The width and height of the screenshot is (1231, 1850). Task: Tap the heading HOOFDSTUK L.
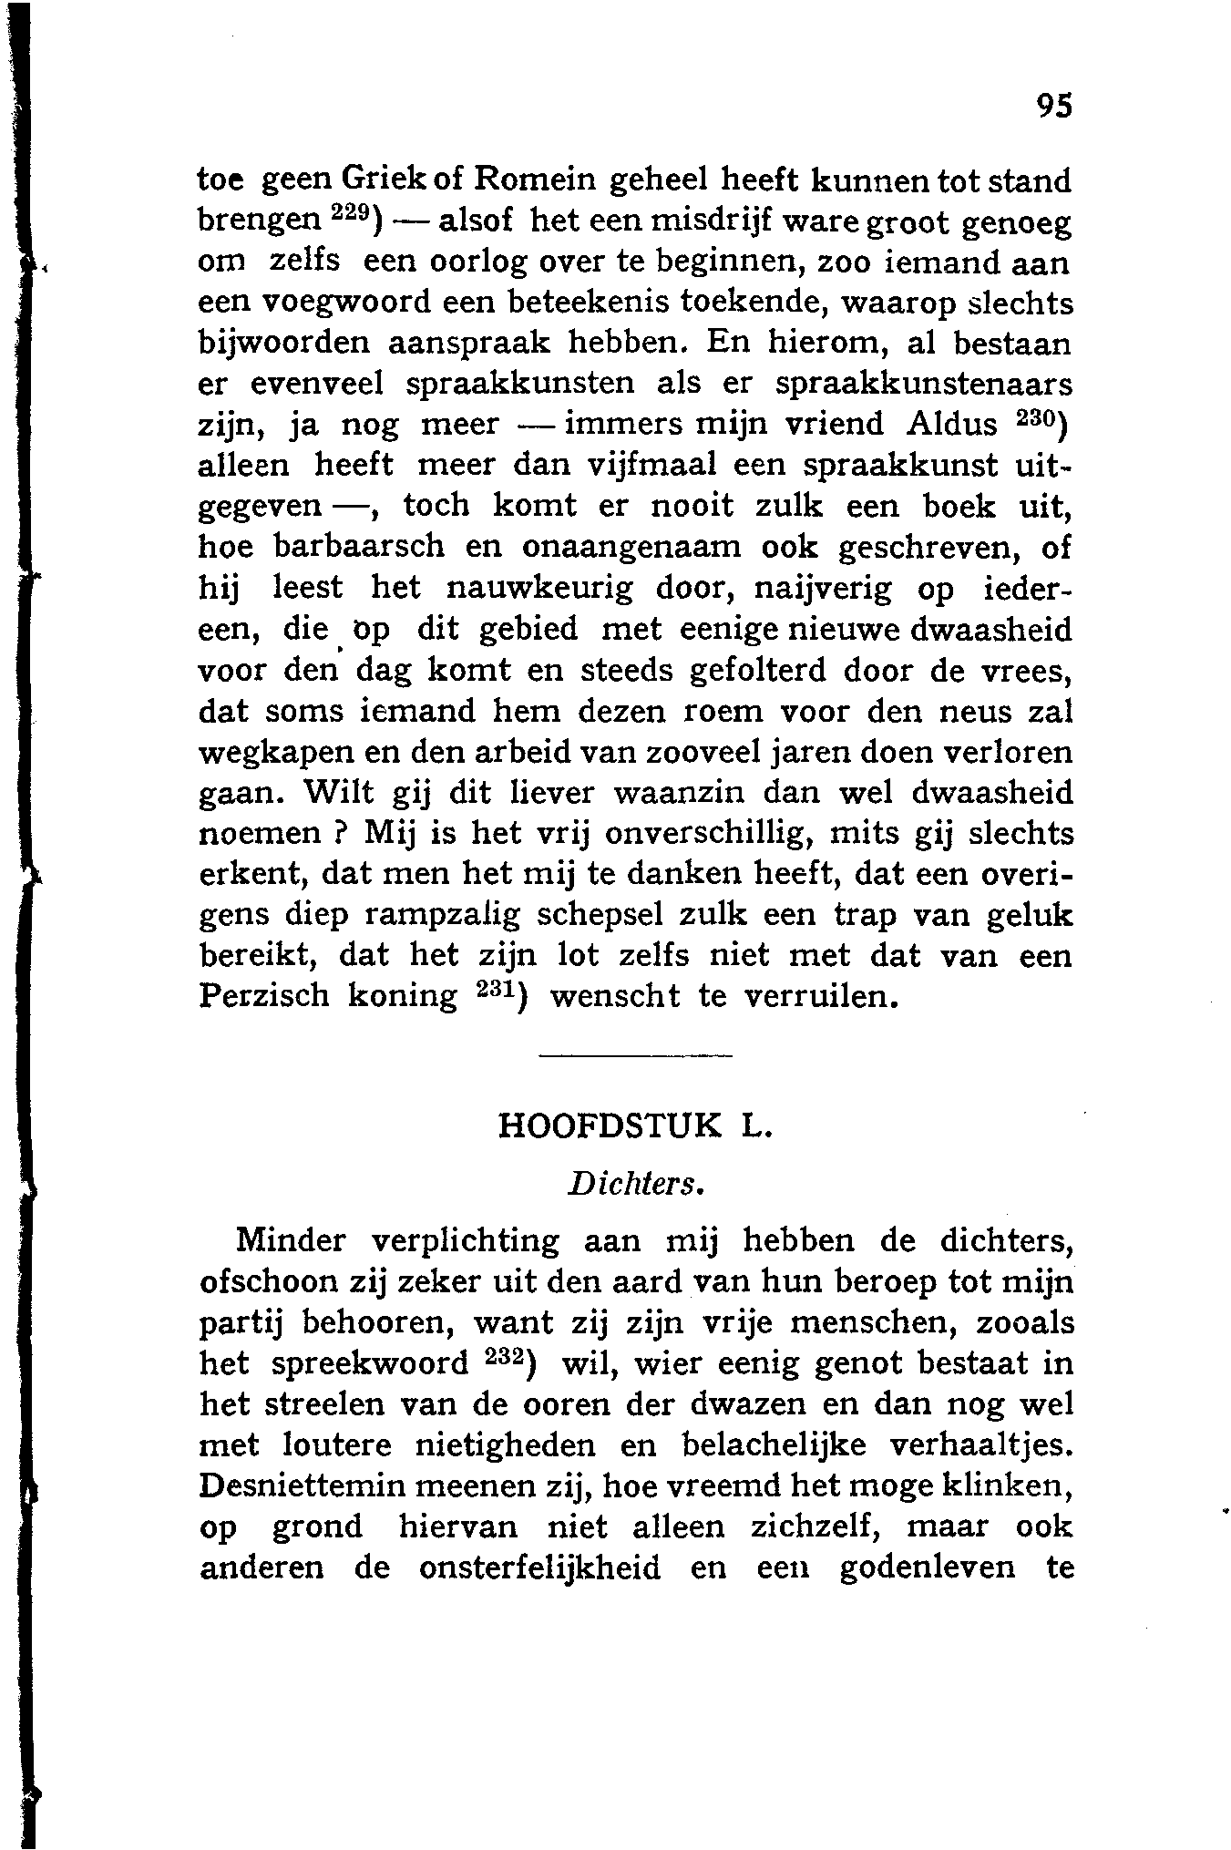(x=635, y=1125)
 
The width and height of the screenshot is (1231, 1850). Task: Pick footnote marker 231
(x=498, y=988)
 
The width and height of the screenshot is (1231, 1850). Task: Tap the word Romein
(x=531, y=180)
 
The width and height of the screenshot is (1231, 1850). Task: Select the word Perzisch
(x=263, y=995)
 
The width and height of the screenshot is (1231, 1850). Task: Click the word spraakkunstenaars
(x=924, y=384)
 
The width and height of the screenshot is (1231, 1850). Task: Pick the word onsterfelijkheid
(x=540, y=1567)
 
